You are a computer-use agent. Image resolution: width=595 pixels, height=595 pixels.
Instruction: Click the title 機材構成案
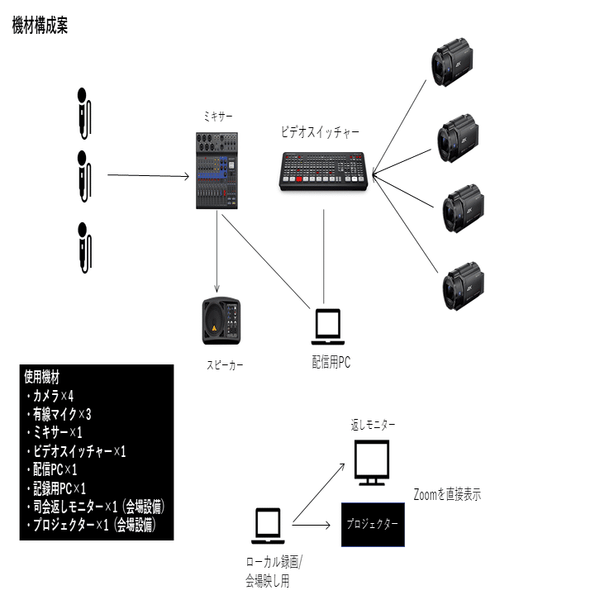[40, 26]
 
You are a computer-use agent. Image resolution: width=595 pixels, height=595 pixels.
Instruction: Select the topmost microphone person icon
[83, 112]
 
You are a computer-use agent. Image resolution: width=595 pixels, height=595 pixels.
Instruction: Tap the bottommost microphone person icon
[83, 247]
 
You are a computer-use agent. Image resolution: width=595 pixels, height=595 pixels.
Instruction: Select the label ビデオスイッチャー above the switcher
[320, 131]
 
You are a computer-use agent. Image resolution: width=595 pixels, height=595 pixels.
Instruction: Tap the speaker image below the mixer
[221, 321]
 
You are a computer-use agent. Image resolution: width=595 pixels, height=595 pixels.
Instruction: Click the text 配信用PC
[331, 361]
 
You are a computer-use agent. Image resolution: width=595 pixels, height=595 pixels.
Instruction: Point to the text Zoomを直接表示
[447, 495]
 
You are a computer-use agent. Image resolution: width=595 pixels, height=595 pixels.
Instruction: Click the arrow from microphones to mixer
[149, 175]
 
